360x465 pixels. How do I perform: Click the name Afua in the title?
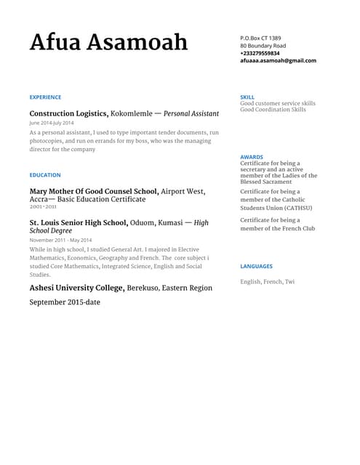point(55,42)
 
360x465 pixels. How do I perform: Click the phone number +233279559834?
point(260,53)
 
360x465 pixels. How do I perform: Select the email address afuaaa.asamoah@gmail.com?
point(278,61)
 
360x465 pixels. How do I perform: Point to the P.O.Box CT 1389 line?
point(260,38)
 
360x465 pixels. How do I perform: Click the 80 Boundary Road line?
point(263,46)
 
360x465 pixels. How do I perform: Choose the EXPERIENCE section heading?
point(45,97)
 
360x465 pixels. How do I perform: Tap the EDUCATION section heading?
point(45,175)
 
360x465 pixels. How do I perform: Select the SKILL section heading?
point(247,97)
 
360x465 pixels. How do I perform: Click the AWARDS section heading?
point(252,157)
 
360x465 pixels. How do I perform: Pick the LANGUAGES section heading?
point(256,267)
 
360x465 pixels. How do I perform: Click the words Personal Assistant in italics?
point(191,114)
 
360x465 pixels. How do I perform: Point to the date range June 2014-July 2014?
point(52,124)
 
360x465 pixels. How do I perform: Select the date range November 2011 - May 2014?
point(60,240)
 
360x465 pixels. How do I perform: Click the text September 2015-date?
point(65,302)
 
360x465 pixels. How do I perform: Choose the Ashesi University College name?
point(76,288)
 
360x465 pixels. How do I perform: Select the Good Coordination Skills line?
point(273,110)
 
